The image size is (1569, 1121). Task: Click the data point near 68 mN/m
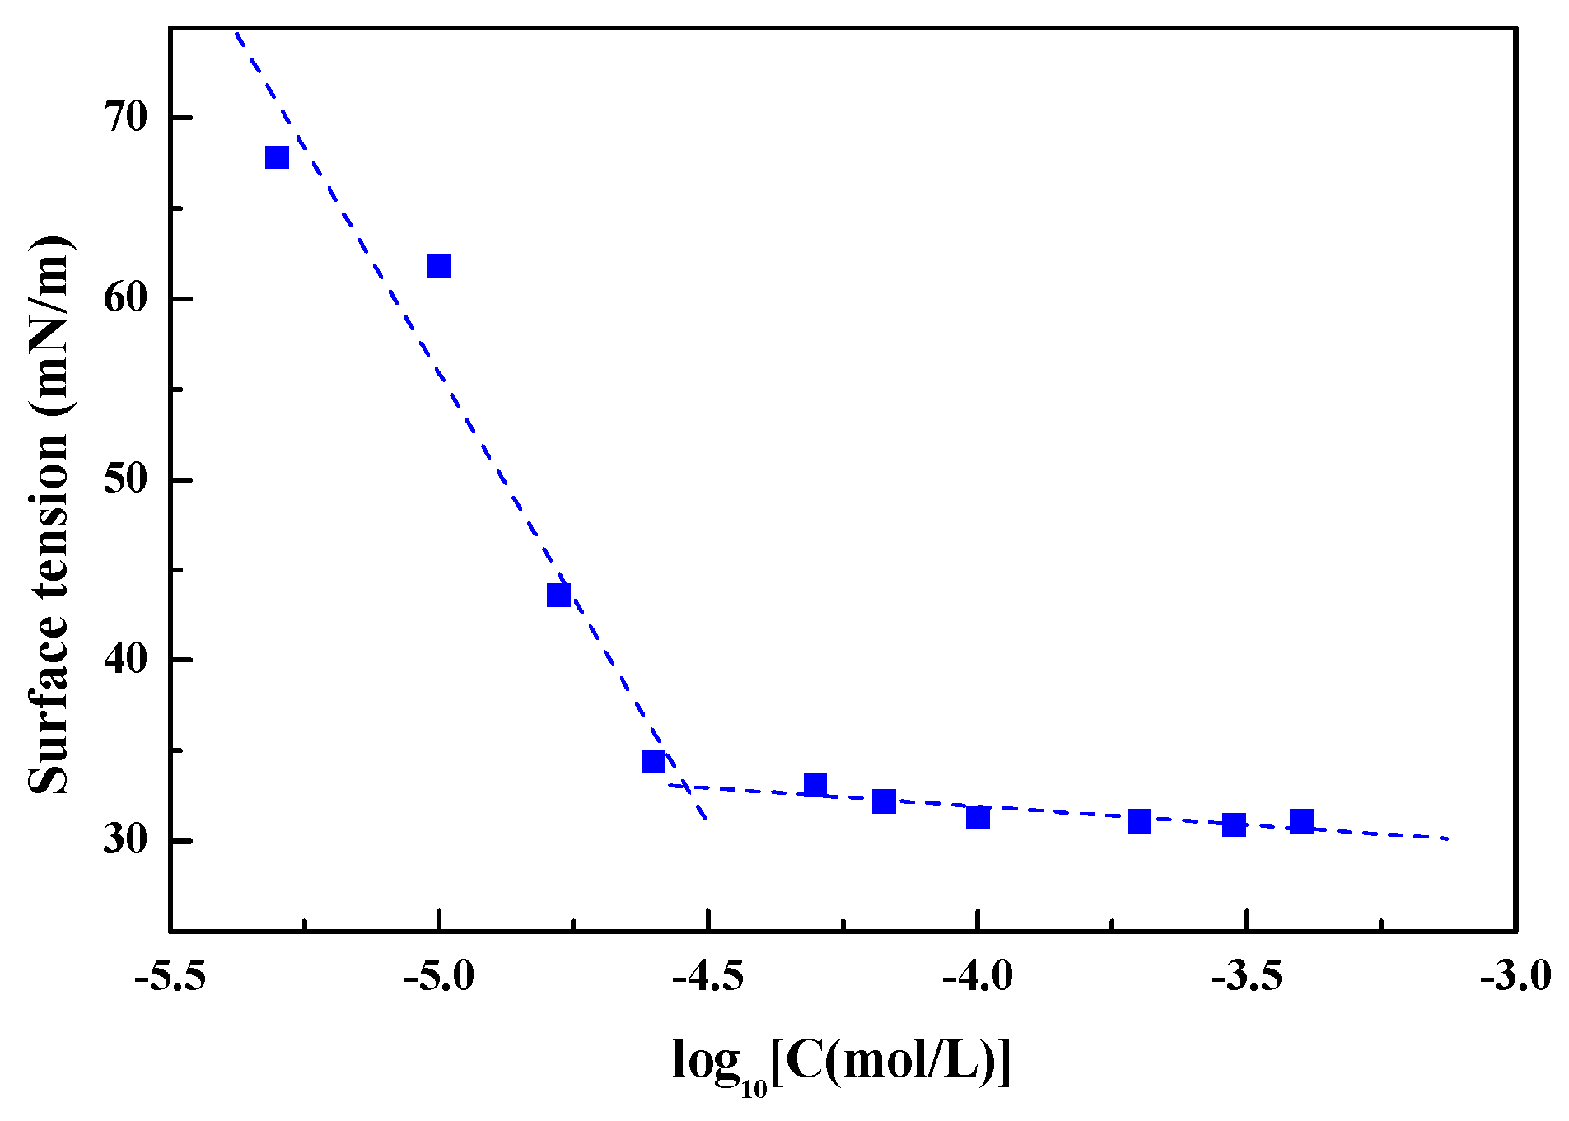click(x=277, y=157)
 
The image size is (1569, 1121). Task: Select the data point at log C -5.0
click(x=439, y=266)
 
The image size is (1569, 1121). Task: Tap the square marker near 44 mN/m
click(x=558, y=595)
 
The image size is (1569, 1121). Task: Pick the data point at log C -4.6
click(x=653, y=761)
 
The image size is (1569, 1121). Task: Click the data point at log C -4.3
click(x=815, y=785)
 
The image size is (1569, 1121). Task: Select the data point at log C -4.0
click(x=978, y=817)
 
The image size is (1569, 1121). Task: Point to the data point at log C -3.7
click(x=1139, y=821)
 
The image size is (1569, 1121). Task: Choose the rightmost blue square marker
click(x=1301, y=821)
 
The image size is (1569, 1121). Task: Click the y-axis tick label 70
click(x=125, y=118)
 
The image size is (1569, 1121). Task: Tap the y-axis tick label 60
click(x=125, y=298)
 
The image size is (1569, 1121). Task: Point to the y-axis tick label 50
click(x=125, y=479)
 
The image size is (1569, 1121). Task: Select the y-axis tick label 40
click(x=125, y=660)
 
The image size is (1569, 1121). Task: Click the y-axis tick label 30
click(x=125, y=840)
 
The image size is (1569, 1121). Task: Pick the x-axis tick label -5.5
click(x=170, y=977)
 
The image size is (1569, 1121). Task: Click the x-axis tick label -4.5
click(x=707, y=977)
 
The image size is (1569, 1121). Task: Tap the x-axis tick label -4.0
click(x=977, y=977)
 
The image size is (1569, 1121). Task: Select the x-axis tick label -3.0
click(x=1515, y=977)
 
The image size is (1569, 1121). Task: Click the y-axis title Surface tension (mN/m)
click(x=49, y=515)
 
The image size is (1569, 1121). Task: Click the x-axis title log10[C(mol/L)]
click(x=840, y=1063)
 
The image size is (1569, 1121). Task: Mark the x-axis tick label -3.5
click(x=1245, y=977)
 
